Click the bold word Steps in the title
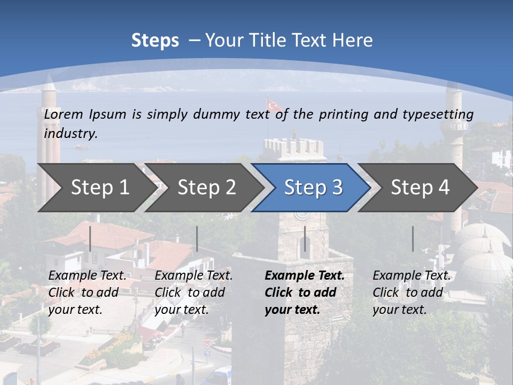pos(155,40)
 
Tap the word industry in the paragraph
pos(71,133)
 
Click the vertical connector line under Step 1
pos(90,238)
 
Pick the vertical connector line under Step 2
pos(197,238)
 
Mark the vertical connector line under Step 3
pos(305,238)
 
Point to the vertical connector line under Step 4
pos(413,238)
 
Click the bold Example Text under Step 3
pos(305,276)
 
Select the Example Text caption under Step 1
pos(87,276)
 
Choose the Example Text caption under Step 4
pos(411,276)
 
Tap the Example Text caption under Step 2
pos(193,276)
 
